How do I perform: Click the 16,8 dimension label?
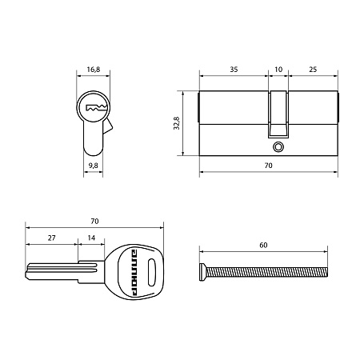(x=94, y=70)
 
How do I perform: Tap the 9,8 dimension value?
(x=94, y=166)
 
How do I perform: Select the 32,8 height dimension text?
(x=177, y=123)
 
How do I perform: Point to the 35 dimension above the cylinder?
(x=234, y=70)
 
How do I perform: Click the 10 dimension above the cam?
(x=278, y=70)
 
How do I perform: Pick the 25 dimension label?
(x=313, y=70)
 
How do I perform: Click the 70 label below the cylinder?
(x=269, y=166)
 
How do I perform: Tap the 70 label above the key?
(x=94, y=222)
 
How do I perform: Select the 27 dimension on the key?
(x=52, y=238)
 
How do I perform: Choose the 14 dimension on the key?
(x=91, y=238)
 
